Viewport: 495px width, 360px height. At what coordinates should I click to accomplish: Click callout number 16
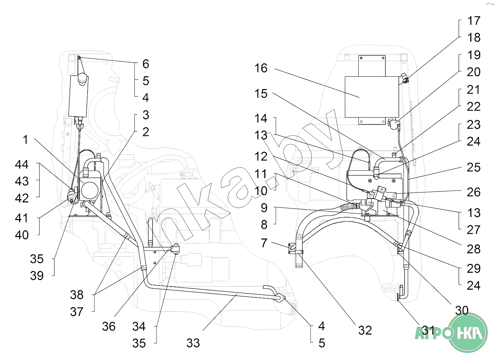tap(261, 68)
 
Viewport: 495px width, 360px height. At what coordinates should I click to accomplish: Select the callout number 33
tap(193, 343)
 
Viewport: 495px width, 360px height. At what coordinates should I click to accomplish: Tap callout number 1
tap(26, 140)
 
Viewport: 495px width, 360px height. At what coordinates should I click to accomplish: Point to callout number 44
tap(22, 164)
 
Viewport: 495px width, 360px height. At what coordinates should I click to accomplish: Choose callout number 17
tap(474, 21)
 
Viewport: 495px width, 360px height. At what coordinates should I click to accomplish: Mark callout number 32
tap(365, 330)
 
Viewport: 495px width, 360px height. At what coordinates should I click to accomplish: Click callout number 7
tap(264, 243)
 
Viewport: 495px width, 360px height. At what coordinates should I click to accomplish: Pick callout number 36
tap(109, 326)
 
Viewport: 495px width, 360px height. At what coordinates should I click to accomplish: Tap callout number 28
tap(473, 249)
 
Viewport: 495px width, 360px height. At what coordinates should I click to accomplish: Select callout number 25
tap(473, 167)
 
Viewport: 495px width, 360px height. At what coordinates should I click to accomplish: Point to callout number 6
tap(146, 64)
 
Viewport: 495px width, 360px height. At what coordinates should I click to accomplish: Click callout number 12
tap(261, 157)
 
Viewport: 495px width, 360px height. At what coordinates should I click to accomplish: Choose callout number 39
tap(37, 276)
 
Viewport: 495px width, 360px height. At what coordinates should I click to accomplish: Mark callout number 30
tap(462, 311)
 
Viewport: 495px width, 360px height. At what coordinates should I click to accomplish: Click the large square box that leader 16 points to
tap(372, 97)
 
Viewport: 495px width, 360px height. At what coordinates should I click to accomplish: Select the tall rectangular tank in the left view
tap(78, 96)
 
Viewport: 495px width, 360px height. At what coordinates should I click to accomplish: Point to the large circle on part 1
tap(90, 190)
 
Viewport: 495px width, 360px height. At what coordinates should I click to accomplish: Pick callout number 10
tap(261, 191)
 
